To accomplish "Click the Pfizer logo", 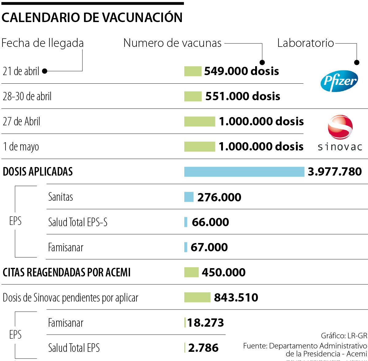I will [339, 81].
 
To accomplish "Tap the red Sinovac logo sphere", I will [340, 127].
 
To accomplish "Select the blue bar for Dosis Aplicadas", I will [244, 172].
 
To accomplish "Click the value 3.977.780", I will [335, 172].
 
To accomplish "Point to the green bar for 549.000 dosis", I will [193, 71].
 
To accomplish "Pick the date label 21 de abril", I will [21, 71].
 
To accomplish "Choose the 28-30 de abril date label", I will [27, 96].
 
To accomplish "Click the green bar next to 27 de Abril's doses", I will [200, 121].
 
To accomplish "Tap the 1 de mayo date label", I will [21, 146].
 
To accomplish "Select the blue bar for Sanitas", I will [189, 197].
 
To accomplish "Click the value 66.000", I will [210, 222].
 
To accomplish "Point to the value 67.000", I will [209, 247].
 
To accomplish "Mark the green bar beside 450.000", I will [191, 272].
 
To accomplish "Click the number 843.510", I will [236, 298].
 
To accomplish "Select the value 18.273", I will [205, 323].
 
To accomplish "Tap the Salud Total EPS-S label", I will [78, 222].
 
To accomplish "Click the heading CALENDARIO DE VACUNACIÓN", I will [92, 17].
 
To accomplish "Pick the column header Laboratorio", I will [305, 43].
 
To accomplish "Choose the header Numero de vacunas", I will [172, 43].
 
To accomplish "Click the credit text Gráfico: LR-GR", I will [344, 336].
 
